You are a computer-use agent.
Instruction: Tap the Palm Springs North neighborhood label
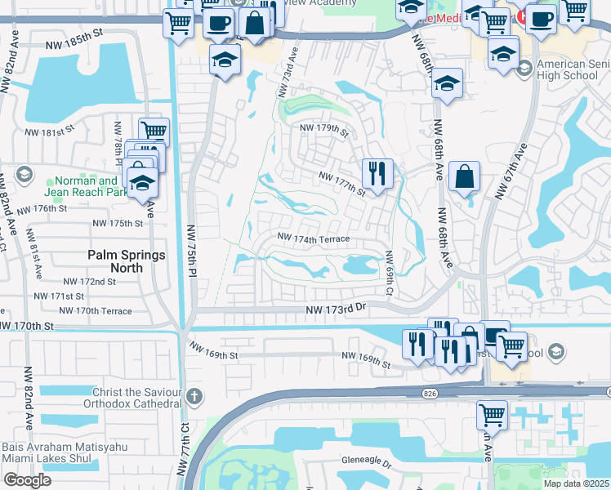click(x=127, y=261)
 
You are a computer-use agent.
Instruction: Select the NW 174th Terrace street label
click(x=314, y=238)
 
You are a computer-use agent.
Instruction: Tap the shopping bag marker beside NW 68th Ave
click(x=464, y=176)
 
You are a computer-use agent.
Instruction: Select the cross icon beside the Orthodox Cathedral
click(x=194, y=398)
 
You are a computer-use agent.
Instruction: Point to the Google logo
click(x=27, y=480)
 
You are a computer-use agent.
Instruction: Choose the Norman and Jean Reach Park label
click(x=85, y=187)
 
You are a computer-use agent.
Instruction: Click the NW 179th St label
click(x=324, y=130)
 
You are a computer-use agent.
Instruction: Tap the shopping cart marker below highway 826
click(x=492, y=414)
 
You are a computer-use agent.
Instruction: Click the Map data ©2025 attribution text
click(x=574, y=483)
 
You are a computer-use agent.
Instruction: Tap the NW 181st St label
click(x=50, y=131)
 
